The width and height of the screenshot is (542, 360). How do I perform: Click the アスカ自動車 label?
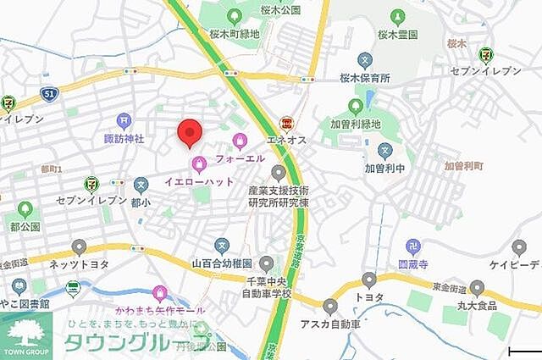pyautogui.click(x=330, y=324)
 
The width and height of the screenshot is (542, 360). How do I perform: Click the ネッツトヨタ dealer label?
pyautogui.click(x=79, y=264)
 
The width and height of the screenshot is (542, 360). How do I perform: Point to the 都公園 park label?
pyautogui.click(x=25, y=227)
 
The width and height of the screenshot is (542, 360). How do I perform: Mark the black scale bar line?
pyautogui.click(x=523, y=351)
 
